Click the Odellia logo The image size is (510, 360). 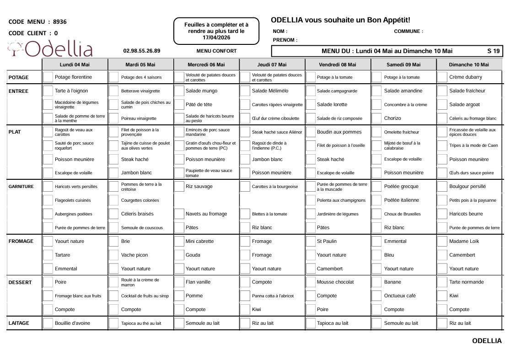[50, 49]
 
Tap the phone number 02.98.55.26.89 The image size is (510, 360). [142, 51]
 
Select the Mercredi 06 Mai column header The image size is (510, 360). [206, 65]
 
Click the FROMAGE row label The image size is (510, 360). [21, 242]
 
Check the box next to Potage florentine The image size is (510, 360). [48, 77]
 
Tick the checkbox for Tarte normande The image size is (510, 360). [442, 282]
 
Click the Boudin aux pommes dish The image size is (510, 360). [339, 132]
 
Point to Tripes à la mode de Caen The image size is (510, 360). [473, 146]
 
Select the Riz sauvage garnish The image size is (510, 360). [199, 187]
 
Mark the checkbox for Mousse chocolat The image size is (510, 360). [310, 282]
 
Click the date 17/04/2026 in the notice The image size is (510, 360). [216, 37]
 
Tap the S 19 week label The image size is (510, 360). [493, 51]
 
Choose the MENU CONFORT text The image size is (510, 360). [216, 51]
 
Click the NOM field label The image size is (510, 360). [279, 32]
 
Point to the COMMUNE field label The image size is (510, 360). [408, 32]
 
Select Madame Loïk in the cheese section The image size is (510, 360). [464, 242]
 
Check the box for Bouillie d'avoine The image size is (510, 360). [48, 323]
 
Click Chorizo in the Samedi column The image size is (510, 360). [392, 118]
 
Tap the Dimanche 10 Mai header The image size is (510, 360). [468, 65]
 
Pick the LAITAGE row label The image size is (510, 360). [19, 323]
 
